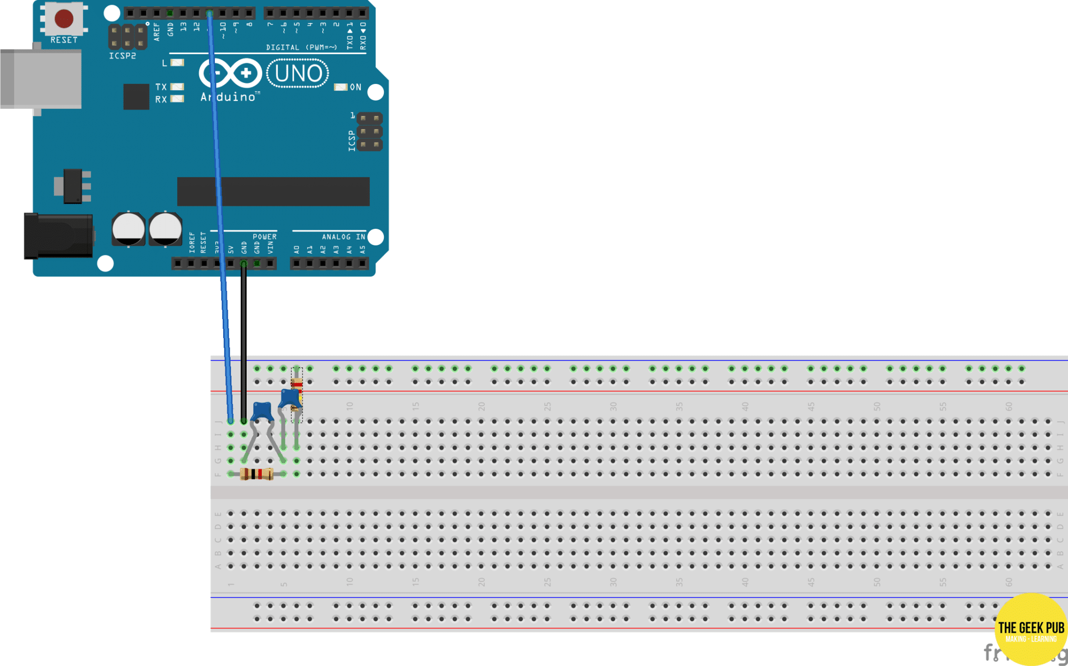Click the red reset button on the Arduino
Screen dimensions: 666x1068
[64, 18]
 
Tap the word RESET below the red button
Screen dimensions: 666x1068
[64, 40]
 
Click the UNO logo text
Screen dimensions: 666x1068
[298, 73]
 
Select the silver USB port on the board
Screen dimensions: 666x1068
[41, 78]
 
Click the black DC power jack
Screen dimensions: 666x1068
[57, 236]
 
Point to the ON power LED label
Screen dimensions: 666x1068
[355, 87]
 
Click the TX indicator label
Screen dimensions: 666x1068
[161, 87]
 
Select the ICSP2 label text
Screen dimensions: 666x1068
[122, 56]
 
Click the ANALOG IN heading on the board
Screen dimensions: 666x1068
[343, 237]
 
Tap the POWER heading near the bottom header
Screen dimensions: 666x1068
[264, 237]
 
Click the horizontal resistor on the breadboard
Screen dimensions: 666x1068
[257, 474]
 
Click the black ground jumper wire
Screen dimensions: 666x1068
[244, 344]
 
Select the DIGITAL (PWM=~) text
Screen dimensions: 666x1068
[301, 47]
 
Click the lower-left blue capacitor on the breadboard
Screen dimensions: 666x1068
[262, 411]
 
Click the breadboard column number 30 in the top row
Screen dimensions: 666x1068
[613, 405]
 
